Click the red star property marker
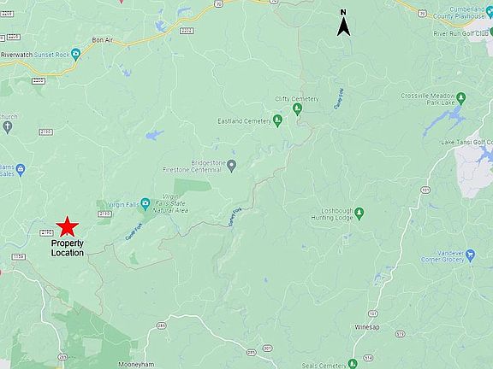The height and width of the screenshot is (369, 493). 68,227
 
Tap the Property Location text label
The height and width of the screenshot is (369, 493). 68,249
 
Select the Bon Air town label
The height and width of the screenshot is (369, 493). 103,40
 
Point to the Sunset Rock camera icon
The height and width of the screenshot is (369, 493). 75,54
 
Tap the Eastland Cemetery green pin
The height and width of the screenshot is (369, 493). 277,120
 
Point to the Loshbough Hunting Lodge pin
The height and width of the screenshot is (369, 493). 359,213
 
